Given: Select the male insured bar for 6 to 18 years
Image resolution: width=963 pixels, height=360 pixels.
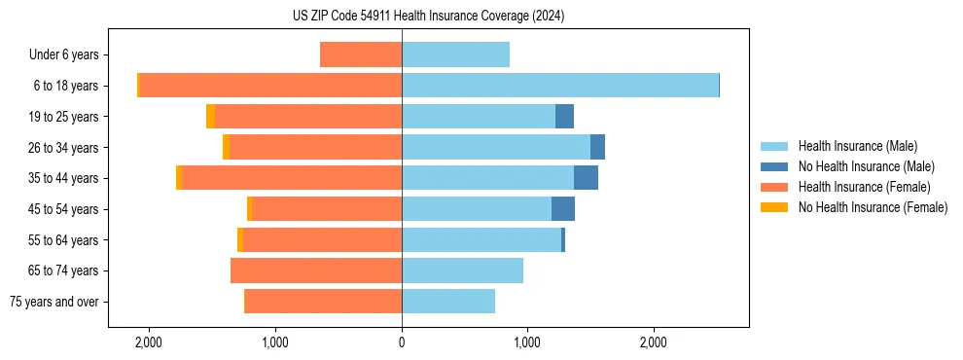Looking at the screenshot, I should [x=559, y=86].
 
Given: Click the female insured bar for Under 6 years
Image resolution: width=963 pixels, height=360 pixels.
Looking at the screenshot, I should [x=361, y=54].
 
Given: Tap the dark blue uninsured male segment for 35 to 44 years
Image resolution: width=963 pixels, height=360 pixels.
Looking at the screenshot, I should [x=586, y=178].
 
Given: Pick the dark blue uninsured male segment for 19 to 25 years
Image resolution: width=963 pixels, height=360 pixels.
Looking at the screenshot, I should [x=564, y=117].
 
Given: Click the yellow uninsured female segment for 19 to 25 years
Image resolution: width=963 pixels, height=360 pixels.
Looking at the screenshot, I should [x=210, y=117].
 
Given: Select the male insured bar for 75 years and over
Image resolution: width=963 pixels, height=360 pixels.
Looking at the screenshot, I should [x=448, y=302].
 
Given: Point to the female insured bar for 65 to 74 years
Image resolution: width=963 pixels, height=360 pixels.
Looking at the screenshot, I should [x=316, y=270].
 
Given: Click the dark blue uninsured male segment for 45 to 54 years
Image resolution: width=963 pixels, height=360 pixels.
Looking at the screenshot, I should [x=563, y=209].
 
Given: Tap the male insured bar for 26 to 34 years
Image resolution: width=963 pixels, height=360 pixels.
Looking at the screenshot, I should [x=496, y=147].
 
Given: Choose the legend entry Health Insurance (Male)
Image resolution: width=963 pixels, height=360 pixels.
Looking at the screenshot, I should [x=857, y=146].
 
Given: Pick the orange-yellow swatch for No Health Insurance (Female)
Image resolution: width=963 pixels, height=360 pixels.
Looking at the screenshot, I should [x=774, y=207].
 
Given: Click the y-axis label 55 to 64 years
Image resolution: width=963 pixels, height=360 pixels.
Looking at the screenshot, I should [x=63, y=240].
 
